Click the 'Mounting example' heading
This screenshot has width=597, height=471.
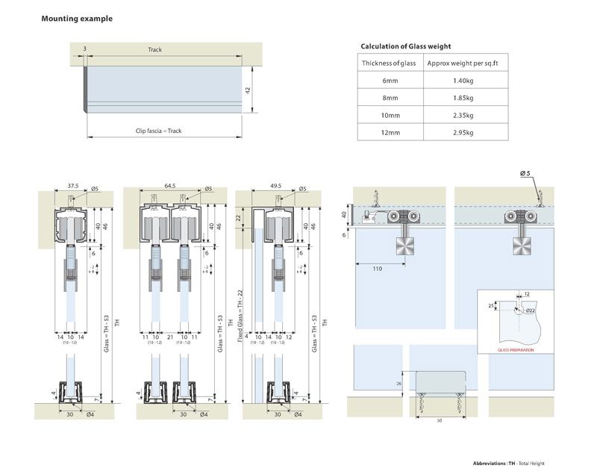coord(77,19)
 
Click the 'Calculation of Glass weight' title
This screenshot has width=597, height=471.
coord(405,46)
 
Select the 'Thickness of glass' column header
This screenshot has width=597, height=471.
coord(390,63)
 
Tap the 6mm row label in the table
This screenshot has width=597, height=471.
coord(390,81)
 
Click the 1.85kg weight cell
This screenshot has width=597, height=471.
coord(463,98)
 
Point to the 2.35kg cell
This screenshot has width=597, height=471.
coord(463,115)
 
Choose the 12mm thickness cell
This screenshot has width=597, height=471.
coord(390,133)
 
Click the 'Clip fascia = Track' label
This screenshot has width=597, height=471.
coord(158,131)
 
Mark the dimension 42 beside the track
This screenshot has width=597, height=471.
coord(247,89)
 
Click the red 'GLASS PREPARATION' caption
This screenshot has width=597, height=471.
coord(514,349)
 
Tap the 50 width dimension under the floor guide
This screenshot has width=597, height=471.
coord(440,421)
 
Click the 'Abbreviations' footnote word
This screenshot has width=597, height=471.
coord(490,464)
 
